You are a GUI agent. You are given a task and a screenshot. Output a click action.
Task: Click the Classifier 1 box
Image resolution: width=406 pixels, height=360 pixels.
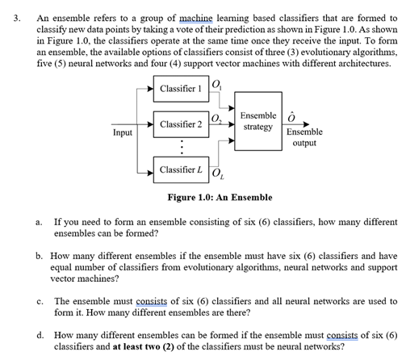[182, 87]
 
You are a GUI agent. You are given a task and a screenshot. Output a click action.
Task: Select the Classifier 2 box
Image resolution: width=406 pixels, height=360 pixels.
[182, 125]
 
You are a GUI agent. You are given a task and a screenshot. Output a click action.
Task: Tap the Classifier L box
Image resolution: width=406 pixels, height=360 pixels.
[182, 170]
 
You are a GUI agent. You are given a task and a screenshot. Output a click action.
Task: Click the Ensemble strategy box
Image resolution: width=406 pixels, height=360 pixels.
[257, 121]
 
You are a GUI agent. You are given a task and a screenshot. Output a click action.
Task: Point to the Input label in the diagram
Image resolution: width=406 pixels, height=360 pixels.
[123, 132]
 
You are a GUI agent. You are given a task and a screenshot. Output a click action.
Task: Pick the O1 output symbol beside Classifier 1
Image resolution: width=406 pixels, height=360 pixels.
[216, 82]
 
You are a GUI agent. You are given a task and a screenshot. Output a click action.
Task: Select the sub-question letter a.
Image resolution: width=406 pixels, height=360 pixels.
[40, 220]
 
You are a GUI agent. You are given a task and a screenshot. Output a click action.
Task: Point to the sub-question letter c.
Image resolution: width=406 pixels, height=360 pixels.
[40, 300]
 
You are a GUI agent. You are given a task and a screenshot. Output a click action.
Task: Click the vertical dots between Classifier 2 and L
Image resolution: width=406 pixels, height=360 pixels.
[182, 147]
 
